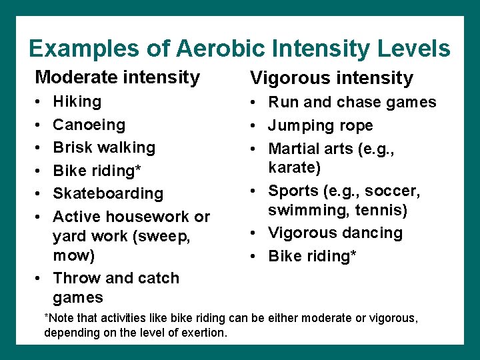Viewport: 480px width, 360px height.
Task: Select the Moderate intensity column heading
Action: [117, 77]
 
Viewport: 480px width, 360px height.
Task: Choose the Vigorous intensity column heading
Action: [331, 78]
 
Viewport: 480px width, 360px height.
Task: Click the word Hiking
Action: [77, 101]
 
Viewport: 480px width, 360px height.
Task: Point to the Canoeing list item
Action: [89, 125]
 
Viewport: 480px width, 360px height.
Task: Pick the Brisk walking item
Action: [104, 147]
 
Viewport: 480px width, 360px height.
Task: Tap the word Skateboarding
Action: [108, 193]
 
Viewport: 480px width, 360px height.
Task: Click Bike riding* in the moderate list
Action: [97, 171]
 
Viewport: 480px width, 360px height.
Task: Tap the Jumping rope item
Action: [321, 125]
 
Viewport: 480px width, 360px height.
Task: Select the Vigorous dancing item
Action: [335, 233]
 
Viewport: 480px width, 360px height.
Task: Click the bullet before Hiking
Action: [39, 102]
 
